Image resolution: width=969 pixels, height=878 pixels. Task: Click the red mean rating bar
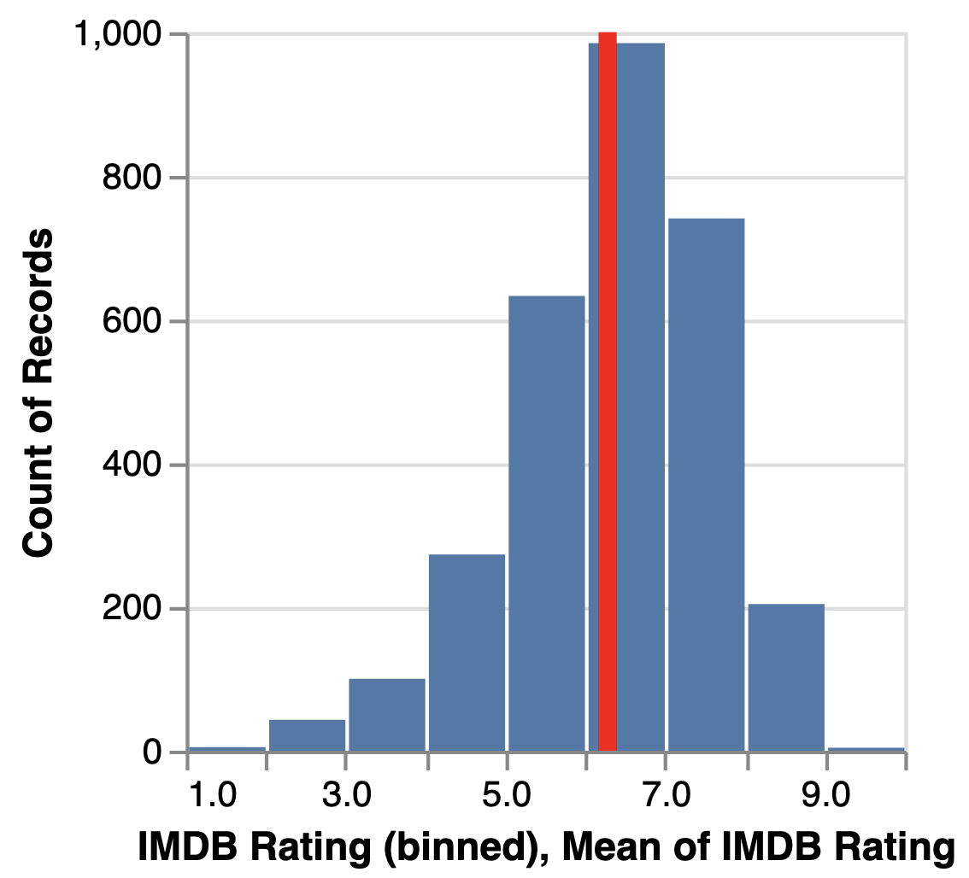608,393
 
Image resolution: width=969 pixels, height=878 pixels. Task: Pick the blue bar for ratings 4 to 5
467,653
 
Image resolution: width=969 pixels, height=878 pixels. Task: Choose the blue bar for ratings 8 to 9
786,678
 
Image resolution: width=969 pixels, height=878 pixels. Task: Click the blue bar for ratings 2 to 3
308,735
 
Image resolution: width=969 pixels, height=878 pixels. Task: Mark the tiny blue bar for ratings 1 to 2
227,749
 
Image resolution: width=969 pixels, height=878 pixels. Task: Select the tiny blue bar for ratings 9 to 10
866,749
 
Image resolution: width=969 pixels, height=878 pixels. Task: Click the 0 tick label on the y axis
154,752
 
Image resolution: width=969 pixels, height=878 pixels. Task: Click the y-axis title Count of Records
38,393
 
